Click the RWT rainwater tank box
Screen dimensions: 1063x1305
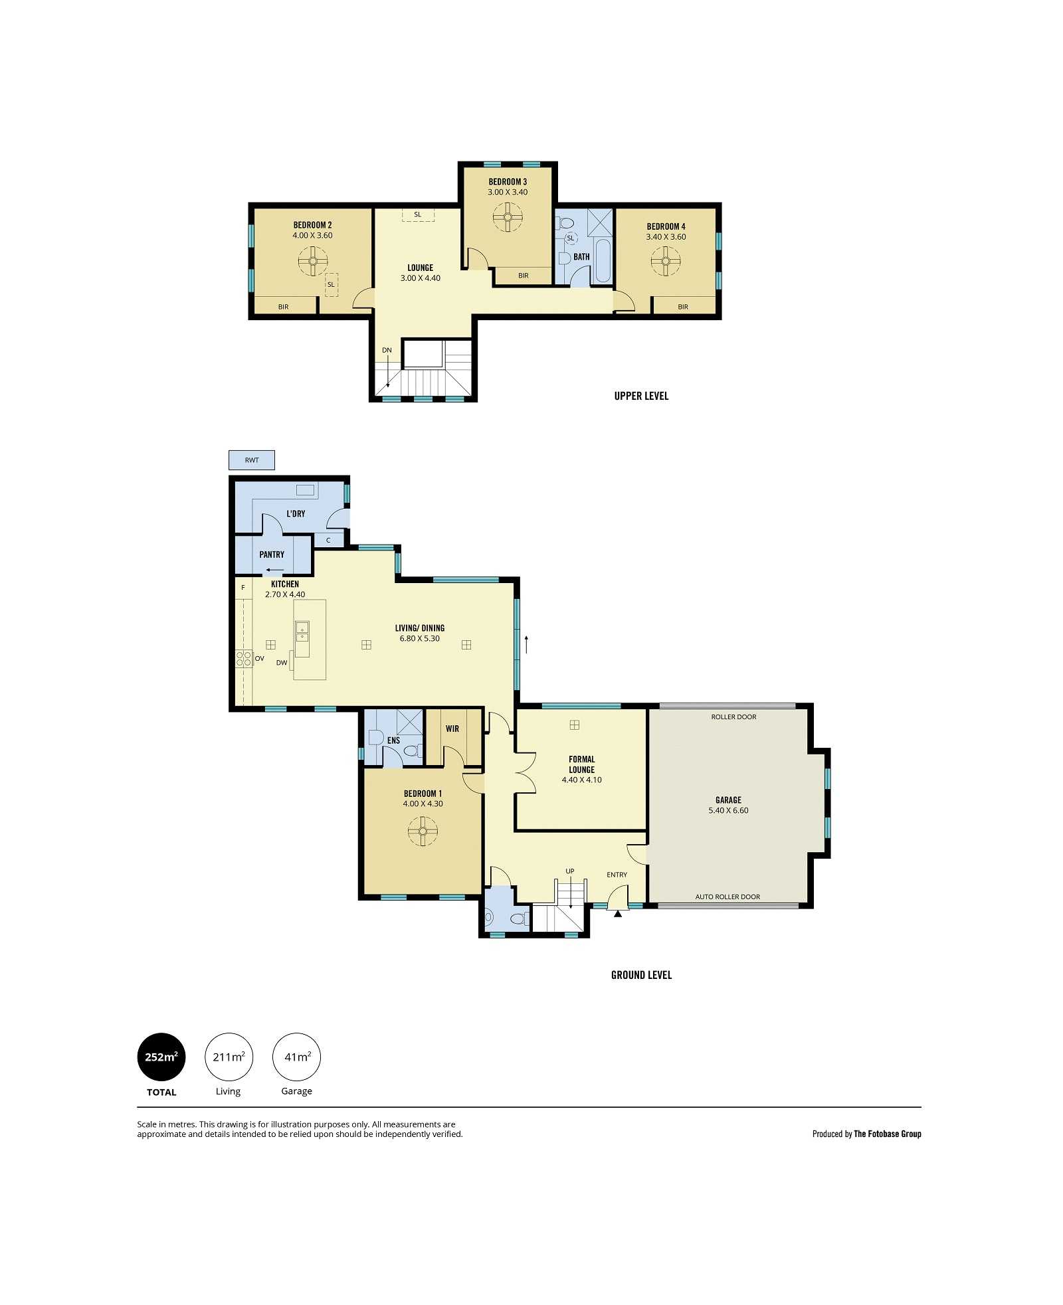pyautogui.click(x=251, y=460)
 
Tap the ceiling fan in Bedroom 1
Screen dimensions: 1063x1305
pyautogui.click(x=423, y=831)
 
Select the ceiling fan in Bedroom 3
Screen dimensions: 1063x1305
pyautogui.click(x=508, y=217)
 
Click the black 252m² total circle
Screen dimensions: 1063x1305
pyautogui.click(x=161, y=1057)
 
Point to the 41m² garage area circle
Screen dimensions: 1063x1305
pyautogui.click(x=297, y=1057)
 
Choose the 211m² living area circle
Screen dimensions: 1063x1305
pyautogui.click(x=229, y=1057)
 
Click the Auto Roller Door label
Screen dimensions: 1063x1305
pyautogui.click(x=727, y=897)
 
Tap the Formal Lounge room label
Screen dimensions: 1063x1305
pyautogui.click(x=582, y=764)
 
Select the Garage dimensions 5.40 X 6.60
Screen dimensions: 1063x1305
pyautogui.click(x=728, y=810)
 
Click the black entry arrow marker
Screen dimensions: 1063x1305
pyautogui.click(x=618, y=914)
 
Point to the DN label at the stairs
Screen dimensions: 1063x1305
pyautogui.click(x=387, y=350)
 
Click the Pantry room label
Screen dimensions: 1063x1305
pyautogui.click(x=272, y=555)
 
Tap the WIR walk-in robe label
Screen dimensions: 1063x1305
pyautogui.click(x=452, y=729)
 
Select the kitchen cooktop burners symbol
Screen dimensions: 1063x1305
pyautogui.click(x=244, y=658)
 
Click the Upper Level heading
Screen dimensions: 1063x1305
pyautogui.click(x=641, y=396)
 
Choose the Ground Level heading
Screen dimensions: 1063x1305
pyautogui.click(x=641, y=975)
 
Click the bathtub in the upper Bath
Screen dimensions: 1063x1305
pyautogui.click(x=603, y=261)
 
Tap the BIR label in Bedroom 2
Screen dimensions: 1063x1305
pyautogui.click(x=284, y=307)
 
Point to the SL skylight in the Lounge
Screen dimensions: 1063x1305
pyautogui.click(x=418, y=215)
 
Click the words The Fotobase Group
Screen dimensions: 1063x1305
pyautogui.click(x=887, y=1134)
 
